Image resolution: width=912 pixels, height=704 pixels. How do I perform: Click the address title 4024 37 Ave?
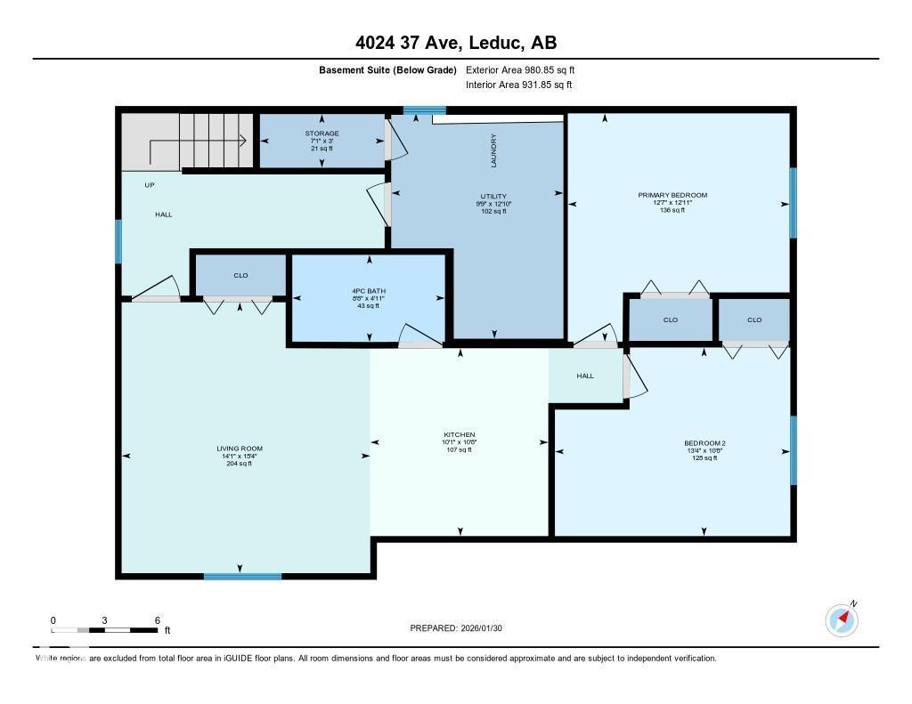tap(455, 43)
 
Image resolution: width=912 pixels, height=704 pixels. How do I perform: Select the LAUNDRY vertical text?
tap(493, 150)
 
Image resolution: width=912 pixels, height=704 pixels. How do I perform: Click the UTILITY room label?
tap(493, 196)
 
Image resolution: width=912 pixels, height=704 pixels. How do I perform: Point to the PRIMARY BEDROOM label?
tap(672, 195)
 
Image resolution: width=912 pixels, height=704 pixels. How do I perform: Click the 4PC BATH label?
tap(368, 291)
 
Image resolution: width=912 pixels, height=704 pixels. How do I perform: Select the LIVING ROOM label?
tap(239, 449)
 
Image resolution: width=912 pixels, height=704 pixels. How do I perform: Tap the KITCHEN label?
tap(460, 435)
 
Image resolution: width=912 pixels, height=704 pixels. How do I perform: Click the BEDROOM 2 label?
tap(704, 442)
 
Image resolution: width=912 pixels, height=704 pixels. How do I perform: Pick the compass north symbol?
tap(842, 619)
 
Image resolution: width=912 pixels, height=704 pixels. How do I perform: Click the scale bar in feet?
tap(105, 630)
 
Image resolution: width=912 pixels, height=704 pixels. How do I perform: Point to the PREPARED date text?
tap(461, 628)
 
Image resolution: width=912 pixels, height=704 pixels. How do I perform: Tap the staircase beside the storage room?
tap(210, 140)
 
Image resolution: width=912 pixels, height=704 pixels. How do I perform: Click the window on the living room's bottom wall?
tap(242, 577)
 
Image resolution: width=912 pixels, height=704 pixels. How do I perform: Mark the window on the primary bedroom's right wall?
tap(793, 203)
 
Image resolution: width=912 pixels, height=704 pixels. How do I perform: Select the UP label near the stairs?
tap(150, 185)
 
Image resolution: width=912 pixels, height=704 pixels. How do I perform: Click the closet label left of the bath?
tap(240, 275)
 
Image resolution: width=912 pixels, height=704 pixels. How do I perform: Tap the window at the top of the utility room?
tap(424, 110)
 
